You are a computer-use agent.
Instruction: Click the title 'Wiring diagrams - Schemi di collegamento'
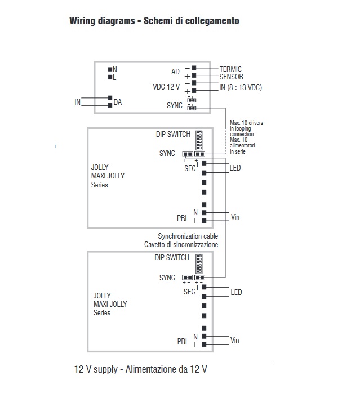(154, 21)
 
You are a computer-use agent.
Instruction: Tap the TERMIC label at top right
(230, 69)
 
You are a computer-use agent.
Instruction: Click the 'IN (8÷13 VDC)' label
(241, 87)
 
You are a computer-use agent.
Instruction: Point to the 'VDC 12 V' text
(166, 87)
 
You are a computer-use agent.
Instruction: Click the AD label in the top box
(175, 72)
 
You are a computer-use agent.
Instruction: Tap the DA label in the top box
(118, 102)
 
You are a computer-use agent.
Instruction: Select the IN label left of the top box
(78, 102)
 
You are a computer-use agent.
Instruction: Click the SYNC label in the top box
(175, 105)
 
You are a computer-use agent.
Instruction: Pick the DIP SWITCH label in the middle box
(173, 135)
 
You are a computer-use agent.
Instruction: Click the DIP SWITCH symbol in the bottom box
(198, 263)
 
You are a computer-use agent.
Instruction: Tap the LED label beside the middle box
(235, 168)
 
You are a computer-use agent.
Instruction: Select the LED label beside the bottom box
(236, 293)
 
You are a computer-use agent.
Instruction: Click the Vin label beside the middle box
(235, 216)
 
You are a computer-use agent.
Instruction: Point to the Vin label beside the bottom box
(235, 341)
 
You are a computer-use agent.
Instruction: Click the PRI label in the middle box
(181, 217)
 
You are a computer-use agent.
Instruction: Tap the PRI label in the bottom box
(181, 341)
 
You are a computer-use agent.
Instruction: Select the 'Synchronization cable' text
(188, 236)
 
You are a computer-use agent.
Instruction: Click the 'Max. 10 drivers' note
(246, 123)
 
